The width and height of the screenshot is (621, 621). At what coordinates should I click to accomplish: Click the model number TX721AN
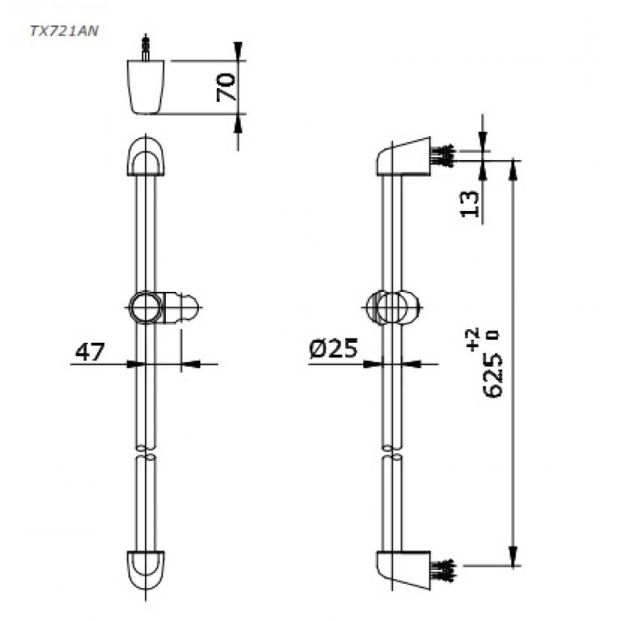pyautogui.click(x=64, y=31)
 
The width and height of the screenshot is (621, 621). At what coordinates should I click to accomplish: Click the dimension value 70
pyautogui.click(x=226, y=87)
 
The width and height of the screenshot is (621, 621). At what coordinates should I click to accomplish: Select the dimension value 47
pyautogui.click(x=90, y=352)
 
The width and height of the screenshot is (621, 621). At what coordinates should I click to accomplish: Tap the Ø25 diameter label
pyautogui.click(x=333, y=349)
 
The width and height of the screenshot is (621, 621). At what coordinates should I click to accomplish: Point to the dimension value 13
pyautogui.click(x=470, y=204)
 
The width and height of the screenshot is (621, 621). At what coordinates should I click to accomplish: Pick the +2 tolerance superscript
pyautogui.click(x=473, y=339)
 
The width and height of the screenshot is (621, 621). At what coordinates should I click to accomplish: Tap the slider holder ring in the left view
pyautogui.click(x=145, y=307)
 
